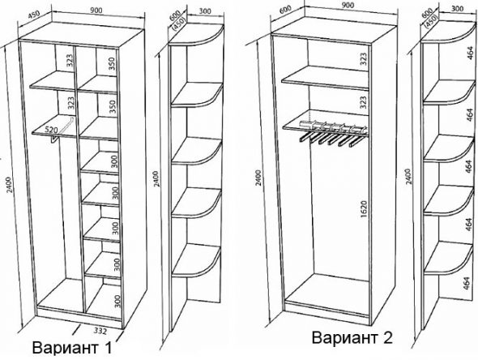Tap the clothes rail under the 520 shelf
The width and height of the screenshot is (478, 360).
click(x=53, y=139)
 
